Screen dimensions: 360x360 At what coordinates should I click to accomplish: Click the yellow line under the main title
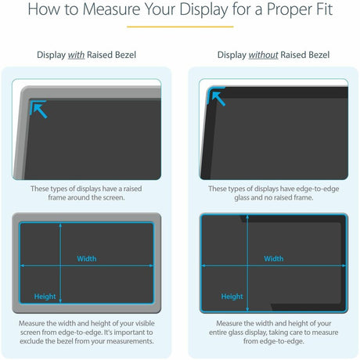[x=179, y=27]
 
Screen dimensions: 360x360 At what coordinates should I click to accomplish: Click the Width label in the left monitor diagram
[x=87, y=258]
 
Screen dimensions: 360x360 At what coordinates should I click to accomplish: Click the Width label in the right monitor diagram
[x=274, y=258]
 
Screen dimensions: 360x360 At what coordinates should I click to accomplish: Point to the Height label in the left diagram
[x=45, y=296]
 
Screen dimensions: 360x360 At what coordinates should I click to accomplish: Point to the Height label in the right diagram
[x=232, y=296]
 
